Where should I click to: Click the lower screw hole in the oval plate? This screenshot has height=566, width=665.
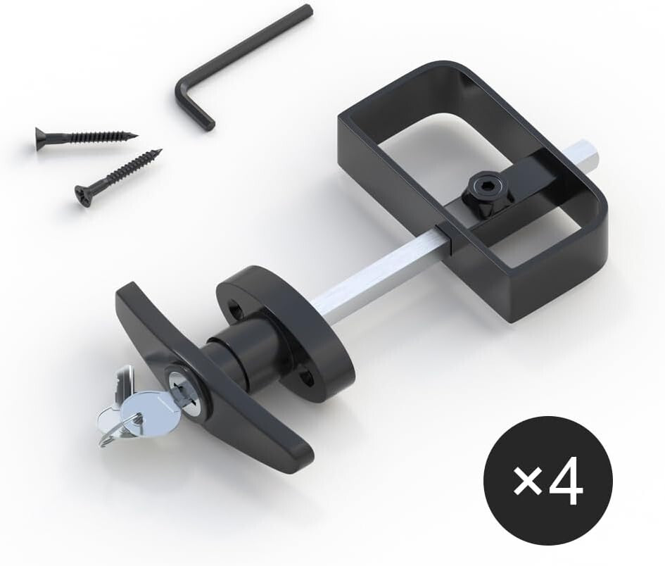(x=308, y=380)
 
